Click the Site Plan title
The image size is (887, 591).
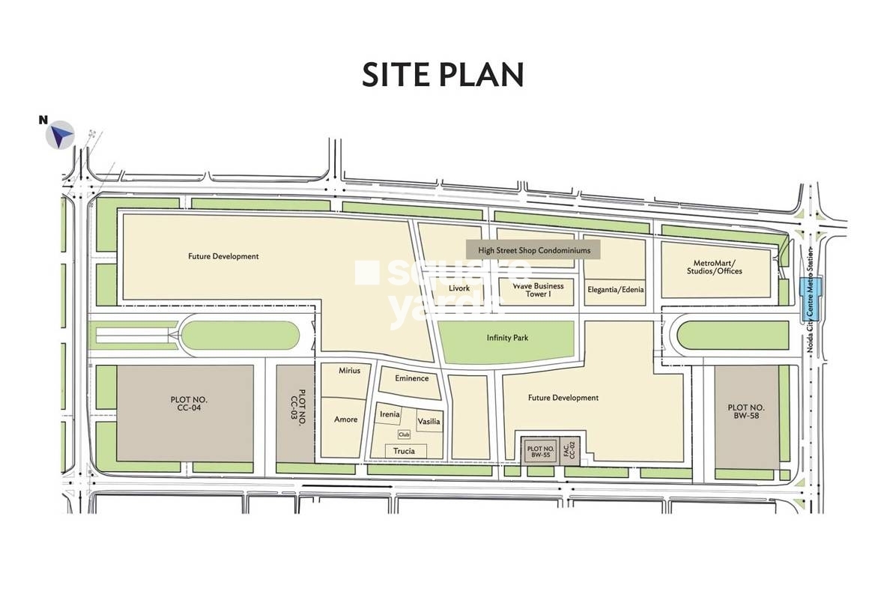(x=443, y=76)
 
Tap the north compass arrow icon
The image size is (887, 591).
(x=60, y=135)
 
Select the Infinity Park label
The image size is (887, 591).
(x=507, y=338)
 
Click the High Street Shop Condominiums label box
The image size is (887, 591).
(x=534, y=250)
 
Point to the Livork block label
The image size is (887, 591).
(x=458, y=288)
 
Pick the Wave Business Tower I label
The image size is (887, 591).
(x=538, y=290)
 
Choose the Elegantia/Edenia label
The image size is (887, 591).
(x=615, y=290)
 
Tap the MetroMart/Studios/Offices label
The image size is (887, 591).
(x=716, y=267)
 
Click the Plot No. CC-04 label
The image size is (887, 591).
(x=184, y=404)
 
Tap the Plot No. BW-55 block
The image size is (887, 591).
(x=539, y=451)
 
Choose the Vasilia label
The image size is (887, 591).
(x=429, y=422)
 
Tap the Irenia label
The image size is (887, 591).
(x=390, y=414)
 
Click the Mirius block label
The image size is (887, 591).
(x=349, y=371)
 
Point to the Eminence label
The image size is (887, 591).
(x=411, y=378)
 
